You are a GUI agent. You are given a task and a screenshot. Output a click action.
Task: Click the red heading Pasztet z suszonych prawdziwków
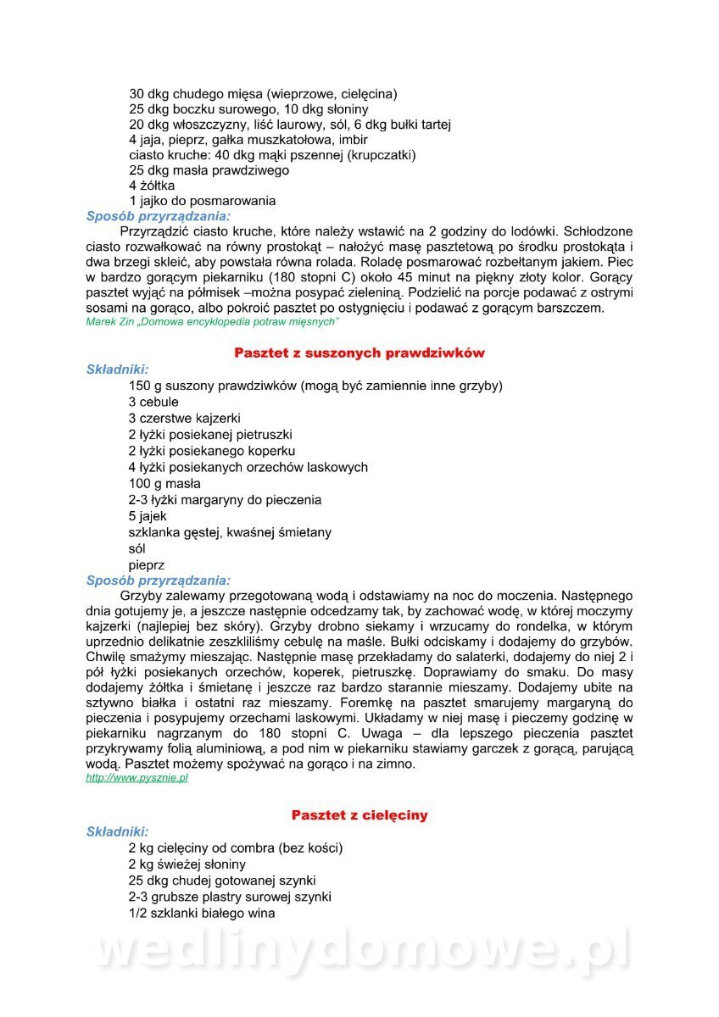(359, 353)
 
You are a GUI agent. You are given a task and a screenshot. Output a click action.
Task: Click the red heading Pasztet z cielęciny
(359, 815)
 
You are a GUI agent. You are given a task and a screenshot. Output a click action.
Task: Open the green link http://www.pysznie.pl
(137, 778)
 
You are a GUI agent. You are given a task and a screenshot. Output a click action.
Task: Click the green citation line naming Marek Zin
(213, 322)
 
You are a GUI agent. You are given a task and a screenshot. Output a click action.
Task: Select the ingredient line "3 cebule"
(154, 402)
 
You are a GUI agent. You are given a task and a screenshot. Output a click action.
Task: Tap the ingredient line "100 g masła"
(164, 484)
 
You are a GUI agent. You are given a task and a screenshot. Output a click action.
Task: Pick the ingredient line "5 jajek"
(148, 516)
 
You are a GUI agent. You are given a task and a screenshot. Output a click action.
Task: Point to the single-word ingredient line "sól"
(137, 549)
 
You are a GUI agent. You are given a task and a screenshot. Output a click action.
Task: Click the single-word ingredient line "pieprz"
(147, 565)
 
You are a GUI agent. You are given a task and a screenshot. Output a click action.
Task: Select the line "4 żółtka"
(152, 186)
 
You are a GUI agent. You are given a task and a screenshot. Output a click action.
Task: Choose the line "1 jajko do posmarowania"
(202, 202)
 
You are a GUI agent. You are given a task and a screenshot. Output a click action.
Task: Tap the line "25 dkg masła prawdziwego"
(209, 170)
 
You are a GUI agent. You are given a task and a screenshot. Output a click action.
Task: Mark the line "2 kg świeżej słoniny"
(187, 864)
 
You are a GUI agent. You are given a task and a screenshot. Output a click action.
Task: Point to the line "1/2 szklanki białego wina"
(202, 914)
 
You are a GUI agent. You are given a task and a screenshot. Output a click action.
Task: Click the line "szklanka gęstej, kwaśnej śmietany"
(230, 533)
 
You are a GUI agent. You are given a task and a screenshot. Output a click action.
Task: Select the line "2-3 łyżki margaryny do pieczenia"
(225, 500)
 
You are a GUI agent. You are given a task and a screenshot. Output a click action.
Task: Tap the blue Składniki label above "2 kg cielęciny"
(117, 832)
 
